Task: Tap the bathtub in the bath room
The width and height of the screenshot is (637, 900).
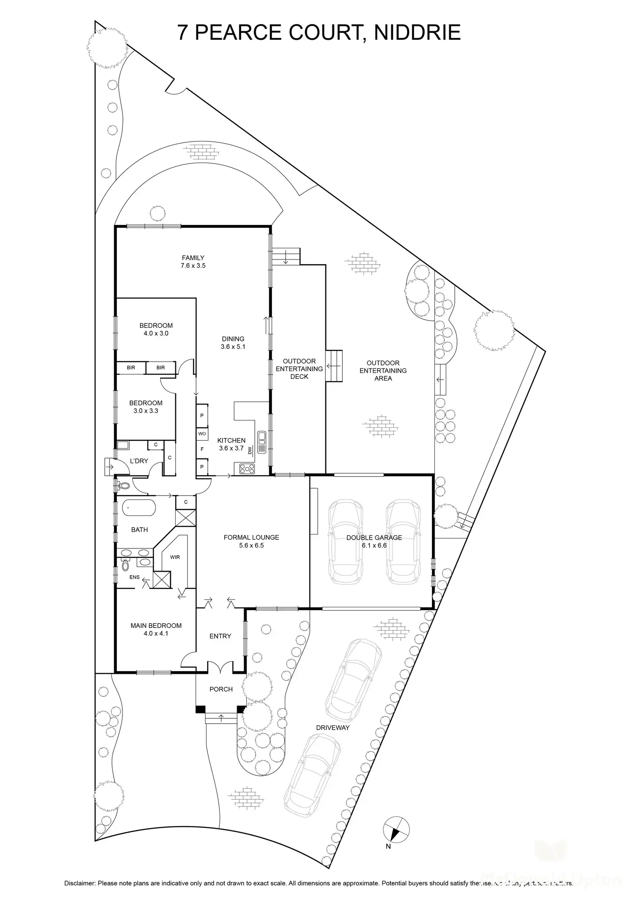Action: pos(139,507)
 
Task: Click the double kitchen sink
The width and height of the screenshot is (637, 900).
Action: pos(262,442)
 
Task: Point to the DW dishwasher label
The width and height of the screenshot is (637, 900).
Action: pos(250,451)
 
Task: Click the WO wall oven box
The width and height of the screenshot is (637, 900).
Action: pos(202,433)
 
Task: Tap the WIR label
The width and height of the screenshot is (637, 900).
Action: pos(175,557)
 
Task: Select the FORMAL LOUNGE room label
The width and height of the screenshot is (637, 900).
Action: pos(251,537)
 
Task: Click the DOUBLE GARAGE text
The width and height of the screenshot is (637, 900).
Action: pos(374,538)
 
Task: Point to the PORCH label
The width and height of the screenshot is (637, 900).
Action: pos(221,689)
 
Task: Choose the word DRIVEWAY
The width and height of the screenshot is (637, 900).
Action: pos(332,727)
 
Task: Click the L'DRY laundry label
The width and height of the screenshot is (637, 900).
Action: pos(139,461)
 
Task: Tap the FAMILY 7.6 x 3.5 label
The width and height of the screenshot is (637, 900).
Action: pos(193,262)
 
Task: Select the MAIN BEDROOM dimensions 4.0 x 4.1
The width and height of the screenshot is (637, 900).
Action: pos(156,634)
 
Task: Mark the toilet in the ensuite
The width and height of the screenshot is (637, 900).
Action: pos(125,565)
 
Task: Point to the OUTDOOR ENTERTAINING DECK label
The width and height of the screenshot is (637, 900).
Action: pos(299,369)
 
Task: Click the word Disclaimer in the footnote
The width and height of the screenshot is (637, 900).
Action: pos(80,883)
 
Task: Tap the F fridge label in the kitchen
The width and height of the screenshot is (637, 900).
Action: pos(202,449)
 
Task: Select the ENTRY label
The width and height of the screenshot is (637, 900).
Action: pos(220,636)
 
